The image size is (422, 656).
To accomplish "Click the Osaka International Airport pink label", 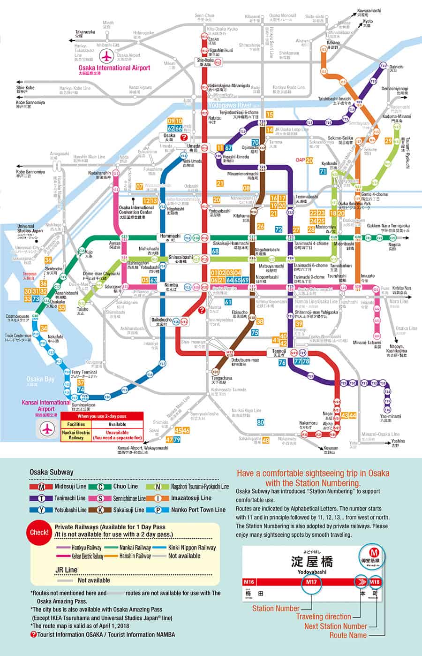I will pyautogui.click(x=114, y=68).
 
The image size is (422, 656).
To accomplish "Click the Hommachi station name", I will pyautogui.click(x=170, y=236).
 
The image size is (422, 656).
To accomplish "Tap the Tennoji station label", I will pyautogui.click(x=279, y=351).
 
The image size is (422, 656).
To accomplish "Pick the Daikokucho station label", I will pyautogui.click(x=161, y=320).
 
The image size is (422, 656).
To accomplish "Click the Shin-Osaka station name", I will pyautogui.click(x=204, y=61).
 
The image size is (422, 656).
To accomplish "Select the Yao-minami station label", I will pyautogui.click(x=390, y=416).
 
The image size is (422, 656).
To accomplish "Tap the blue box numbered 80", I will pyautogui.click(x=261, y=422).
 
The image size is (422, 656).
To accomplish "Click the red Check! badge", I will pyautogui.click(x=39, y=532).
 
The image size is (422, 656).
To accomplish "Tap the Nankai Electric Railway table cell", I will pyautogui.click(x=76, y=435).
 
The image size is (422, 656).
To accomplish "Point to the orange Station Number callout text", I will pyautogui.click(x=276, y=609).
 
